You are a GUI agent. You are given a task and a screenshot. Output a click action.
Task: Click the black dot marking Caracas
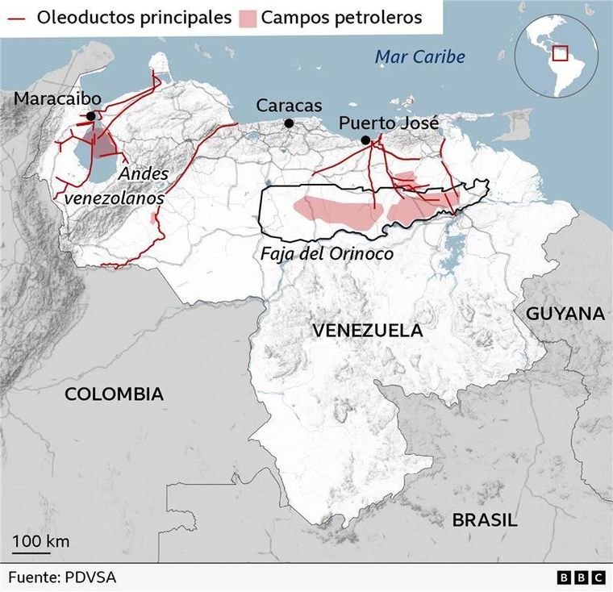pyautogui.click(x=289, y=123)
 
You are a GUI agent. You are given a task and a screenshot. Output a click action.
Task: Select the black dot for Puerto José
pyautogui.click(x=365, y=140)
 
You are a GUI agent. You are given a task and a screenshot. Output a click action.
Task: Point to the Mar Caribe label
pyautogui.click(x=419, y=57)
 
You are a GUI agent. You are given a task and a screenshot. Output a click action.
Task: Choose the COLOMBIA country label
pyautogui.click(x=114, y=394)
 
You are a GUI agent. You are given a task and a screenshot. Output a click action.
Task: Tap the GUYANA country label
pyautogui.click(x=565, y=314)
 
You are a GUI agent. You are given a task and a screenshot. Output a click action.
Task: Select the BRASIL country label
pyautogui.click(x=484, y=520)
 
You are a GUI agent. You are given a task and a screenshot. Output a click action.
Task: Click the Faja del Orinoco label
pyautogui.click(x=327, y=253)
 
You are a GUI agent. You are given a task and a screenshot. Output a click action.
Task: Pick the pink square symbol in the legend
pyautogui.click(x=247, y=18)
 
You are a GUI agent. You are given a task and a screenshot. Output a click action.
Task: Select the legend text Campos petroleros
pyautogui.click(x=341, y=18)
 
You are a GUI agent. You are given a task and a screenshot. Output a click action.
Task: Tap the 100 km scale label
pyautogui.click(x=40, y=540)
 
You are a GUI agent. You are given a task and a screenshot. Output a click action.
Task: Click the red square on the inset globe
pyautogui.click(x=561, y=53)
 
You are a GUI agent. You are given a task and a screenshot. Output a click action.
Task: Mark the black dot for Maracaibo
pyautogui.click(x=91, y=116)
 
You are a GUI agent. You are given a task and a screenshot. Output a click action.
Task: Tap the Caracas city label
pyautogui.click(x=289, y=106)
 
